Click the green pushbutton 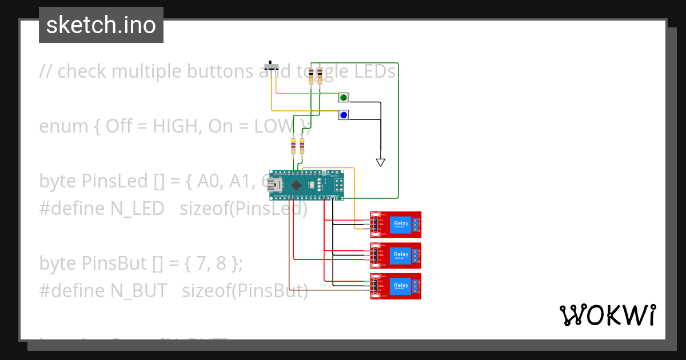point(344,98)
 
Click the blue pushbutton point(344,115)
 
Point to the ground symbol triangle point(381,162)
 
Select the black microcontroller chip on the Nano point(296,185)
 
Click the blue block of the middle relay point(401,255)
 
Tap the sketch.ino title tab point(101,25)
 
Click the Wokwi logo point(607,315)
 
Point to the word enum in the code point(62,126)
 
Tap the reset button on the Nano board point(324,172)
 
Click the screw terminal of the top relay point(418,224)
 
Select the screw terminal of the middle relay point(418,255)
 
